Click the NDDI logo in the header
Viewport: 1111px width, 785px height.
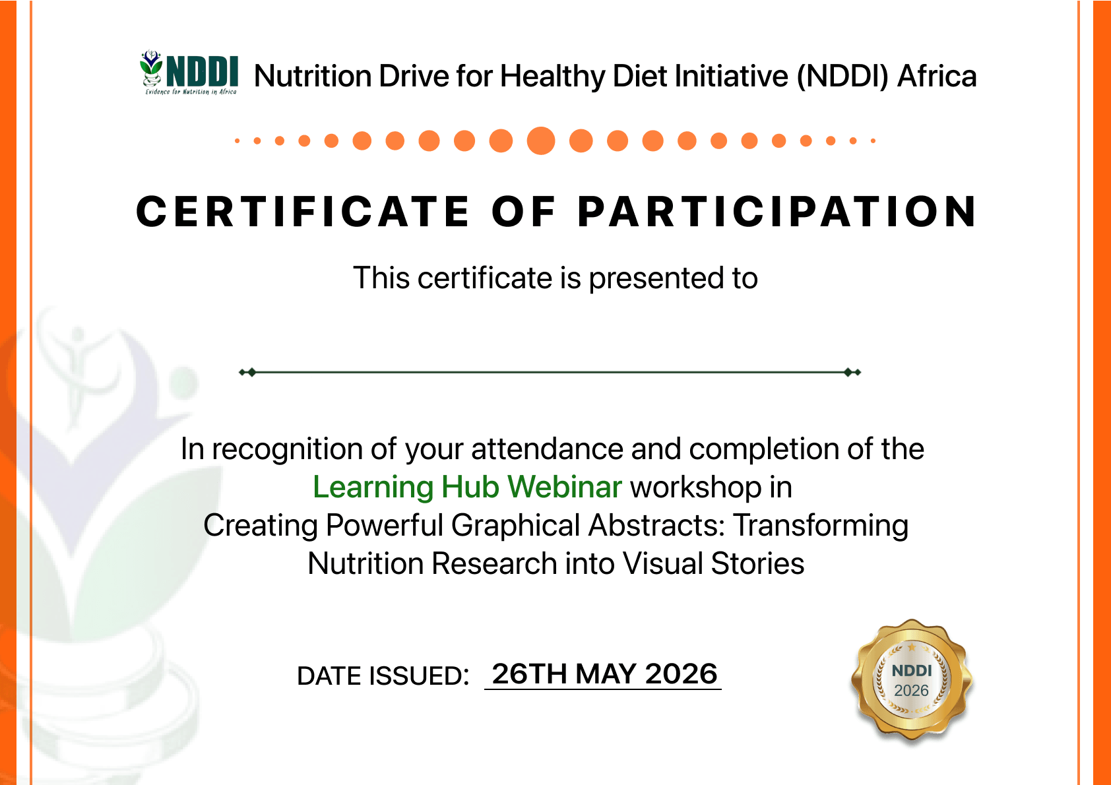click(x=189, y=73)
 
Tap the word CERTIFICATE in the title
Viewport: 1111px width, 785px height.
click(x=302, y=212)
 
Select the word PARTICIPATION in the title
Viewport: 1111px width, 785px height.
click(x=777, y=212)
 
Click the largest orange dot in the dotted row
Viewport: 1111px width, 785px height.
click(x=540, y=141)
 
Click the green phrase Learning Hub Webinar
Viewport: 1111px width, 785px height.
click(x=466, y=487)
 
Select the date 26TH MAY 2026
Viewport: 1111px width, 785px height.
click(x=604, y=674)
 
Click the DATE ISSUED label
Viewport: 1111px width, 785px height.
click(x=383, y=676)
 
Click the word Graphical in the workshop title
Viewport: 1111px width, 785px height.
click(x=516, y=525)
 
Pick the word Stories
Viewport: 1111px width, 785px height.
click(x=757, y=563)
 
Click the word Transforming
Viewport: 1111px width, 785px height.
click(x=821, y=525)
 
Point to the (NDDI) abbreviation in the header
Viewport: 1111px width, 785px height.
click(x=842, y=77)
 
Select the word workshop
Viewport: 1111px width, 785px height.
click(x=695, y=487)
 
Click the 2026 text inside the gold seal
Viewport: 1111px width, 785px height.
click(x=912, y=690)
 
